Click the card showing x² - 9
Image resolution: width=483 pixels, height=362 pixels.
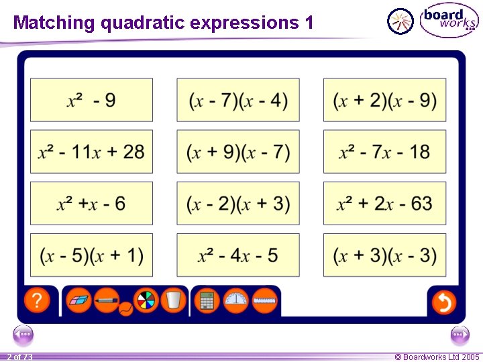point(91,101)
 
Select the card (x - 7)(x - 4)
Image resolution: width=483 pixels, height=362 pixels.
point(238,101)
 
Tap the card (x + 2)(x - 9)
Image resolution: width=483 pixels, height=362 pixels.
point(384,101)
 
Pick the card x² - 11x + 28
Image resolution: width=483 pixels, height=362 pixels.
point(91,152)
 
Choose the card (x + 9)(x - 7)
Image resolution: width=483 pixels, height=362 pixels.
point(238,152)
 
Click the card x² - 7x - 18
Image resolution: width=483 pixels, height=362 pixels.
point(384,152)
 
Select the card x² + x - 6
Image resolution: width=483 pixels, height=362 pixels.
point(91,203)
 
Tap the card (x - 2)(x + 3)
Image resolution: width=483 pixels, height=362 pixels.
point(238,203)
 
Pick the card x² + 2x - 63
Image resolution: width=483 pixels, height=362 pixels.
point(384,203)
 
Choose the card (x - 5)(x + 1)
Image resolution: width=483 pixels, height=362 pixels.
point(91,255)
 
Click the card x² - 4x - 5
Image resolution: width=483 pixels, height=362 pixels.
point(238,255)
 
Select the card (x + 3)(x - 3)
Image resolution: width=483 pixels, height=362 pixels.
point(384,255)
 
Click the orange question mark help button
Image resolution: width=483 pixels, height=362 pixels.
point(37,300)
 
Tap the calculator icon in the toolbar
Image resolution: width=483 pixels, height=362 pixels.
point(207,300)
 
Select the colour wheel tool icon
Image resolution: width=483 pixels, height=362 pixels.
point(146,300)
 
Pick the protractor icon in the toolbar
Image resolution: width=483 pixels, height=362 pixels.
point(235,300)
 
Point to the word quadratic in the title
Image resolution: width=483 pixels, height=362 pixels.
point(142,23)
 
